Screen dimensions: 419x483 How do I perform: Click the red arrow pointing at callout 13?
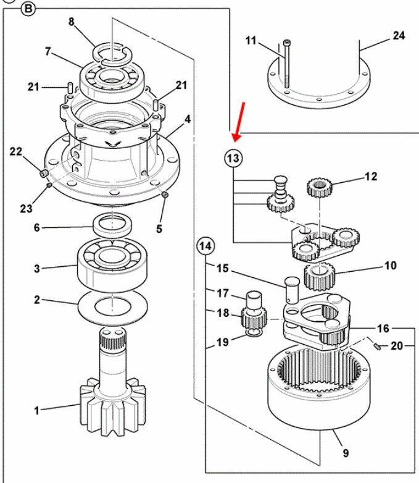239,122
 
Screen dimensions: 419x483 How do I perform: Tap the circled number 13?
233,158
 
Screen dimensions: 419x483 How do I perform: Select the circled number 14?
205,246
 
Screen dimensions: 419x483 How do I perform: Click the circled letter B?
28,9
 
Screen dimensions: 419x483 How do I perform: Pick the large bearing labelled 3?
113,265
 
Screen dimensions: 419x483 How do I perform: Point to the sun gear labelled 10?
319,276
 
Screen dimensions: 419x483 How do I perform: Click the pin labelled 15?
292,290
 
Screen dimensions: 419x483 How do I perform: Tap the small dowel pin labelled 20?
378,346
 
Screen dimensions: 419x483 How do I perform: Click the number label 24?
399,35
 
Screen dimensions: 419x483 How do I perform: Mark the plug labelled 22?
44,173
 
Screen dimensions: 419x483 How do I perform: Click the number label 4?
187,119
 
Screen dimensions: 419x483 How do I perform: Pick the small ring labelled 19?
254,334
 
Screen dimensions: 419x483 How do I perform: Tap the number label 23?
27,209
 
